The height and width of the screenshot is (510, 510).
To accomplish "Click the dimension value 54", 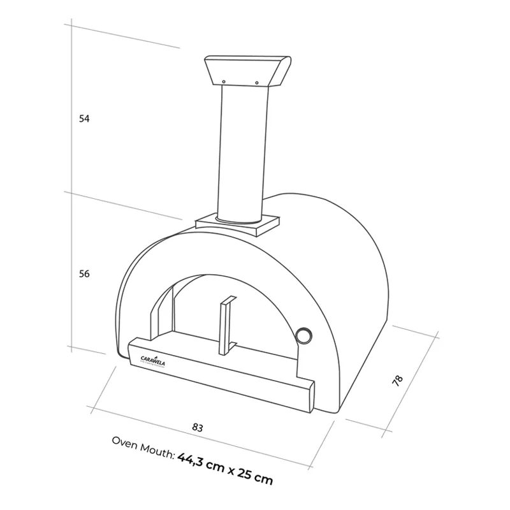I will point(84,119).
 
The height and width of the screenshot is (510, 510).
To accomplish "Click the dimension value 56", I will point(84,273).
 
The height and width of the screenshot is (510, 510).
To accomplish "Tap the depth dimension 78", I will point(397,381).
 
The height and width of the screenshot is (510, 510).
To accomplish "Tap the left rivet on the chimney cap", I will point(224,81).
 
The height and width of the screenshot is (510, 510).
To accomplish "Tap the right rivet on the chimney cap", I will point(257,82).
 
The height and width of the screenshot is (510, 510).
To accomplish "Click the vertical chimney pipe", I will point(240,153).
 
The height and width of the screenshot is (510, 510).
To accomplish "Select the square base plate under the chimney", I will point(237,223).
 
